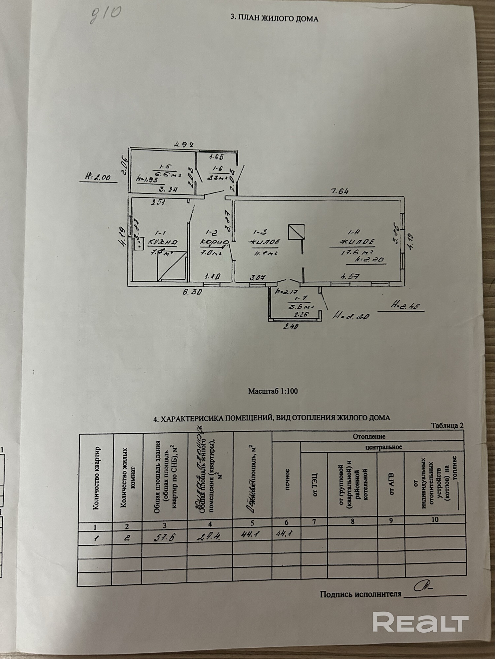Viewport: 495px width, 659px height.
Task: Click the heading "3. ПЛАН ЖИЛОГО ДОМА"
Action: pyautogui.click(x=274, y=19)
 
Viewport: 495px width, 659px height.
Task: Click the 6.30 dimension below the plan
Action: pyautogui.click(x=191, y=292)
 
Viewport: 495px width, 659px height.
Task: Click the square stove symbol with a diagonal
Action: pyautogui.click(x=296, y=232)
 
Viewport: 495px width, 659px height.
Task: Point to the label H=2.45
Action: pyautogui.click(x=407, y=306)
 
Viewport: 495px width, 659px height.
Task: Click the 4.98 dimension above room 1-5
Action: pyautogui.click(x=184, y=144)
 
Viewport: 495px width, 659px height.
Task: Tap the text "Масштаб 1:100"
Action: pyautogui.click(x=273, y=391)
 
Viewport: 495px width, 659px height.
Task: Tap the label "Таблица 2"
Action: pyautogui.click(x=447, y=425)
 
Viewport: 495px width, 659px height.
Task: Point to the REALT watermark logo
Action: pyautogui.click(x=420, y=621)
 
